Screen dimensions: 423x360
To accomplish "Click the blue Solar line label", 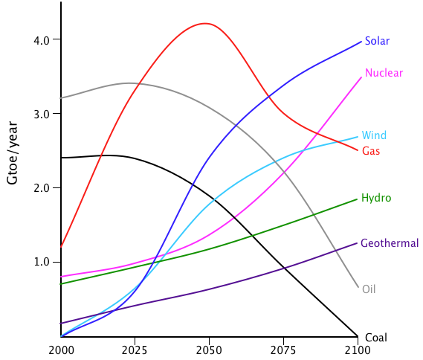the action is tap(377, 41).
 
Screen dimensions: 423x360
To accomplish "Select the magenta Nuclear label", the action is tap(384, 73).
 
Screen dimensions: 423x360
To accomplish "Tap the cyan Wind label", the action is tap(374, 135).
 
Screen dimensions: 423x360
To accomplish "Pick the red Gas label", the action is tap(371, 151).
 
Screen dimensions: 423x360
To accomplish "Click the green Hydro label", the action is tap(376, 198).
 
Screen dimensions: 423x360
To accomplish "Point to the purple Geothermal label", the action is tap(390, 243).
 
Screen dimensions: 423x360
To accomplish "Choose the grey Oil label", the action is tap(369, 289).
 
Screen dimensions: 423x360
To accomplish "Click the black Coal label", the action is tap(375, 338).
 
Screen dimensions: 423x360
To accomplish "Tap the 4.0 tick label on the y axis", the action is tap(42, 40).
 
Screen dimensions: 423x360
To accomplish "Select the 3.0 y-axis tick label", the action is tap(42, 115).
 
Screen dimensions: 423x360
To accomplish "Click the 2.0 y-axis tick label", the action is tap(42, 188).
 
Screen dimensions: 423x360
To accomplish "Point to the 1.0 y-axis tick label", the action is tap(42, 262).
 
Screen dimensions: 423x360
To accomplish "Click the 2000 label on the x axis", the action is tap(61, 350).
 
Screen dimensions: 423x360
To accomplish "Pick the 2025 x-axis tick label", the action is tap(135, 350).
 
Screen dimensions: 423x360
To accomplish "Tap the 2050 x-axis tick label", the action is tap(209, 350).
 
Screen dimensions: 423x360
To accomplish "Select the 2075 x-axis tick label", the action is tap(283, 350).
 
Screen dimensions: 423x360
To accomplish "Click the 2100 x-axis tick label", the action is tap(358, 350).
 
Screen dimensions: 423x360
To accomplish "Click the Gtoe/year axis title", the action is tap(13, 152).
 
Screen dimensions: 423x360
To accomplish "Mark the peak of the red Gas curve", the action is tap(206, 24).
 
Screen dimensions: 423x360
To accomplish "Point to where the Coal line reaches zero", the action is tap(358, 336).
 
